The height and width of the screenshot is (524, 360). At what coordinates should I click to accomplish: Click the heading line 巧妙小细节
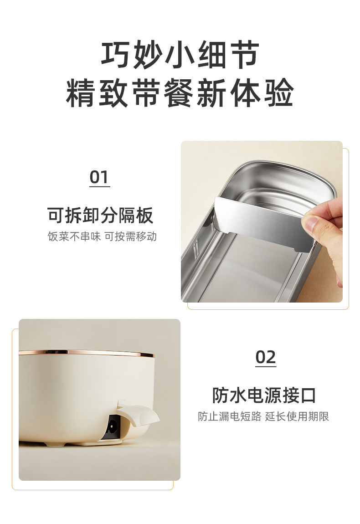(180, 55)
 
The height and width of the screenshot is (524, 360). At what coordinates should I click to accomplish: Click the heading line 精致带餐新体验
(180, 92)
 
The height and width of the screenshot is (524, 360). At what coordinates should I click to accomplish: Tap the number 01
(99, 177)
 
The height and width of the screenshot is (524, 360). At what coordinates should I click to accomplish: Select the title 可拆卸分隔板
(100, 215)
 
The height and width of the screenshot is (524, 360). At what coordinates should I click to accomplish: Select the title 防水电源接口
(264, 395)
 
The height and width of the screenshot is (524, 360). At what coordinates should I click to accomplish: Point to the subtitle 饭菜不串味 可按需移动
(102, 236)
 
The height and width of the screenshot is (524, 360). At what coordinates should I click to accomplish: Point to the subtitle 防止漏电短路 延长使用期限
(263, 416)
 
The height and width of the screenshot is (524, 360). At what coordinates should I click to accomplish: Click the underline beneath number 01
(100, 187)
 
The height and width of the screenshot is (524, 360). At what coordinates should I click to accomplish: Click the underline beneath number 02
(266, 367)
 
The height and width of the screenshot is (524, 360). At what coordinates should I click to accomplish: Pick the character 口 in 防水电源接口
(308, 396)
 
